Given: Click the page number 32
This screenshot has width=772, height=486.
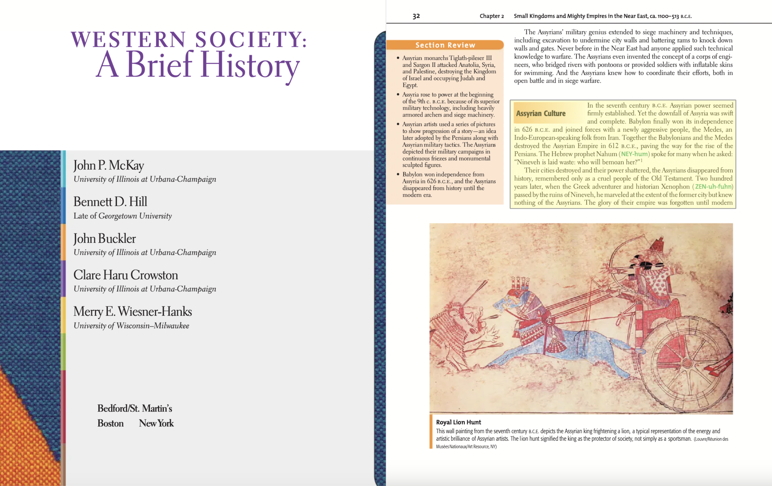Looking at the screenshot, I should click(x=416, y=16).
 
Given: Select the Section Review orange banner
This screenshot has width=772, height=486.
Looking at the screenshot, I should click(x=445, y=45).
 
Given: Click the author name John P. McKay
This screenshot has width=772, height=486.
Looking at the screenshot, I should click(x=109, y=165).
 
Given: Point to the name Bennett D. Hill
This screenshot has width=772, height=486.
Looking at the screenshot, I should click(x=110, y=202).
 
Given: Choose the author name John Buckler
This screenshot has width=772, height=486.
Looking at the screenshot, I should click(x=104, y=238).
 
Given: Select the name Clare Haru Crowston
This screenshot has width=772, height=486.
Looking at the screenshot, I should click(x=126, y=275).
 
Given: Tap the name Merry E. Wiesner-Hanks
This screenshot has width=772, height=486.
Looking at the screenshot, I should click(x=132, y=311).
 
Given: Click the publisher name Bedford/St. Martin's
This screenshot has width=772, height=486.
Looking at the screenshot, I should click(x=135, y=408).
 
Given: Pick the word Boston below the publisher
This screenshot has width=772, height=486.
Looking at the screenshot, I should click(x=110, y=423).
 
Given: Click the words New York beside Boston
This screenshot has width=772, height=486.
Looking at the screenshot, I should click(x=156, y=423).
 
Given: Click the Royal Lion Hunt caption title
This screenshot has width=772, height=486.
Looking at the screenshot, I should click(x=458, y=422).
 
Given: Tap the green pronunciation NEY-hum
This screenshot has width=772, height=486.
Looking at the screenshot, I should click(x=634, y=154).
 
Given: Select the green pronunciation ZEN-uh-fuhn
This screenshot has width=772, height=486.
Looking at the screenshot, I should click(x=713, y=186).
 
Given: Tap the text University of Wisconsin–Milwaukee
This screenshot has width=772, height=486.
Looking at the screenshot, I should click(x=131, y=326).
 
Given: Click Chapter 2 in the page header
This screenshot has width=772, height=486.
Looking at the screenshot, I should click(x=491, y=16).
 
